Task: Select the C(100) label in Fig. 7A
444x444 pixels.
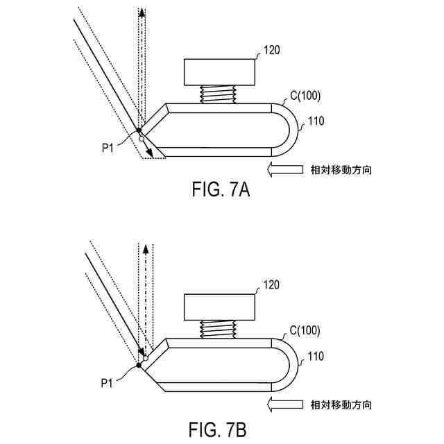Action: click(x=305, y=96)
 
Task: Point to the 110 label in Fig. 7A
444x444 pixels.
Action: click(x=316, y=121)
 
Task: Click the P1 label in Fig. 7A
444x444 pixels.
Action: click(x=108, y=146)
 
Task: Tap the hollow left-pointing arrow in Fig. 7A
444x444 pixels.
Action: click(x=284, y=169)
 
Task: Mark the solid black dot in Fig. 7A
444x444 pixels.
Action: click(x=139, y=130)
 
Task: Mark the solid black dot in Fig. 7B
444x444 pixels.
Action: click(x=139, y=365)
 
